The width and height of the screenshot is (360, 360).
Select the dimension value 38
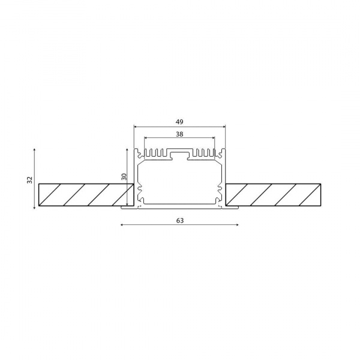pyautogui.click(x=179, y=135)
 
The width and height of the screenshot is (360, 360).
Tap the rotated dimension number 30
pyautogui.click(x=124, y=178)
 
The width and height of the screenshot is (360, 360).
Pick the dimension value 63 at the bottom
pyautogui.click(x=179, y=220)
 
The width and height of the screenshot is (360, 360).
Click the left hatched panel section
pyautogui.click(x=85, y=196)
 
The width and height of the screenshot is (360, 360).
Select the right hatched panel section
pyautogui.click(x=274, y=196)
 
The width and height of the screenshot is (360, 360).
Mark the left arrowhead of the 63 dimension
pyautogui.click(x=122, y=226)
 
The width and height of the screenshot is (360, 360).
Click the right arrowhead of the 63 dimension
pyautogui.click(x=237, y=226)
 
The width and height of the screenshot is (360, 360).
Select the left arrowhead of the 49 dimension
pyautogui.click(x=135, y=127)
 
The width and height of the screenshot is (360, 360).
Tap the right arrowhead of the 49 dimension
pyautogui.click(x=224, y=127)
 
